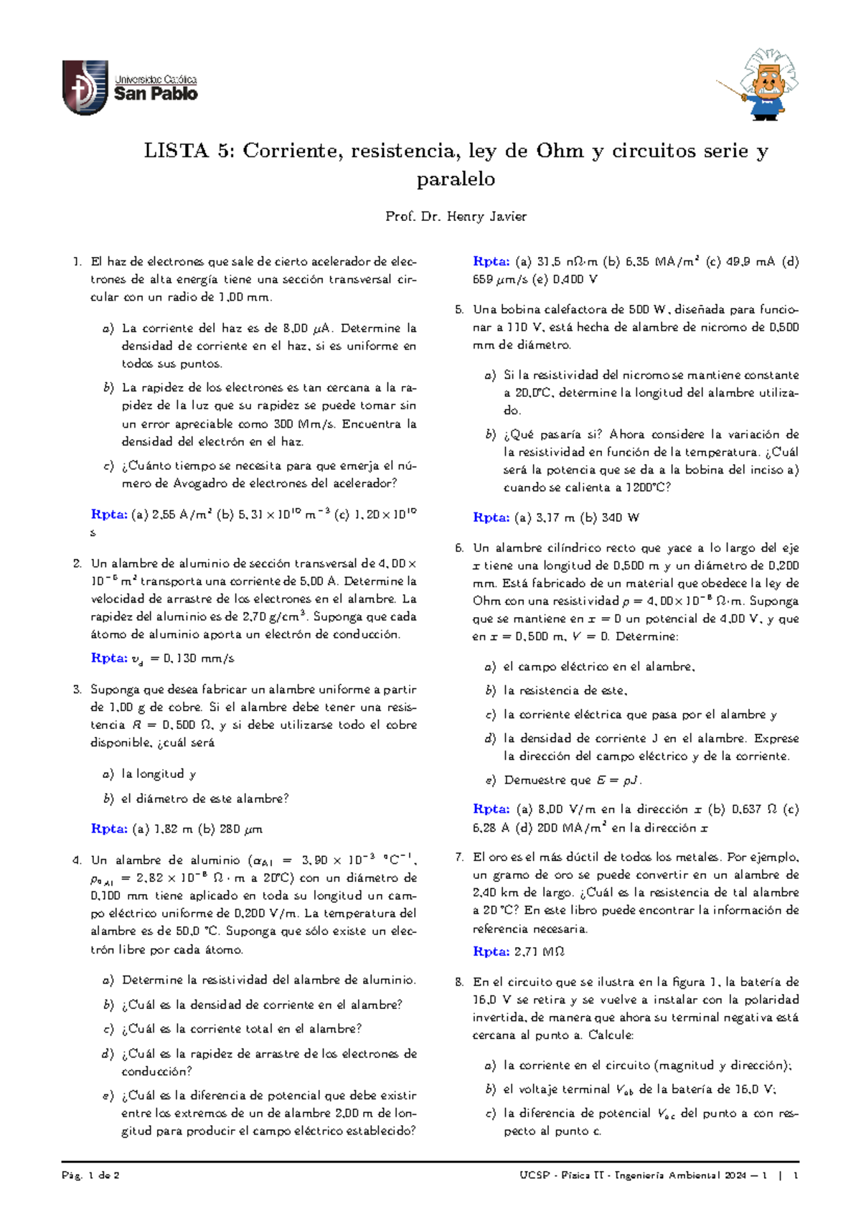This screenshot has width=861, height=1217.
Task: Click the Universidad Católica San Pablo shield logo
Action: (x=85, y=88)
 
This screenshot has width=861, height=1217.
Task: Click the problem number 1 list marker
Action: (x=77, y=262)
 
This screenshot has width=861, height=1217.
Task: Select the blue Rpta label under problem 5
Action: (x=491, y=517)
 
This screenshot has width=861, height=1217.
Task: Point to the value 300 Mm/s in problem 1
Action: (x=305, y=424)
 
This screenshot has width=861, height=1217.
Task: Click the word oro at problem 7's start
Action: (x=501, y=857)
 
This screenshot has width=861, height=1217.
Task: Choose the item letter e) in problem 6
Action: (x=490, y=780)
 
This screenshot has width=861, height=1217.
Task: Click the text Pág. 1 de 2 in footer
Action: (x=90, y=1175)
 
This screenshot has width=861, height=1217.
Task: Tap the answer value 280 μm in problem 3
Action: (x=241, y=829)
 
